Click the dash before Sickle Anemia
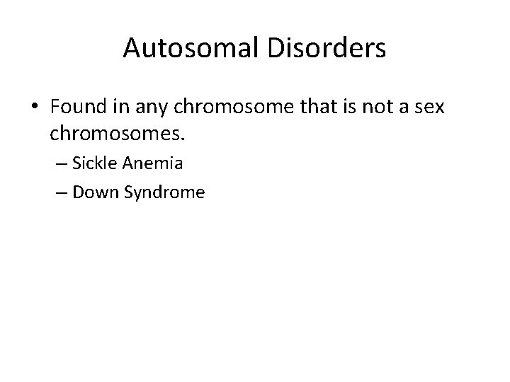pos(57,164)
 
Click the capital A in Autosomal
pos(132,49)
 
